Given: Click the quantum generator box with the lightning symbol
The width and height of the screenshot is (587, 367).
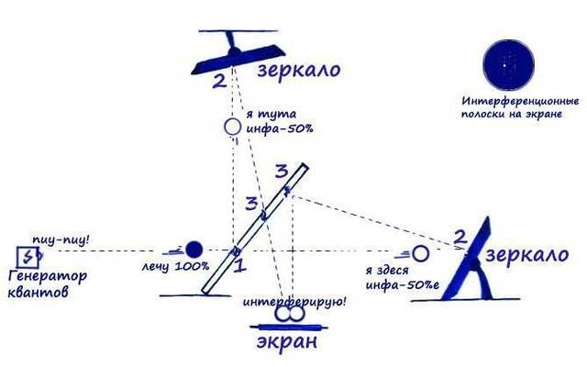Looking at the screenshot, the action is pos(28,257).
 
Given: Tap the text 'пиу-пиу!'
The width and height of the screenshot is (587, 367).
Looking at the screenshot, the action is pos(61,239).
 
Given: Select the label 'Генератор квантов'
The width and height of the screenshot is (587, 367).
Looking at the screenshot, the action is pos(48,284).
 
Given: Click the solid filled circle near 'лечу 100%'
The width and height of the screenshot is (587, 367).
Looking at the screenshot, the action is pos(194,250).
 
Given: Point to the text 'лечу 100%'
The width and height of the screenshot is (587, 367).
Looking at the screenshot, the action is pos(175,267).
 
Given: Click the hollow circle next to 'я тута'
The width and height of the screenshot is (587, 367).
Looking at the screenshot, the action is pos(232,127).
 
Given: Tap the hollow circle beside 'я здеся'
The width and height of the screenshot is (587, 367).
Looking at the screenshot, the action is pos(420,254).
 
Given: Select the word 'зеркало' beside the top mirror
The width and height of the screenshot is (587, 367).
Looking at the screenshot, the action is pos(299,70).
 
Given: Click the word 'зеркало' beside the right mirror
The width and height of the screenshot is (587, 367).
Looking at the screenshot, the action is pos(527,255).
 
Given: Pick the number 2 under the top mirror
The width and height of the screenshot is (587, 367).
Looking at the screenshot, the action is pos(220,81).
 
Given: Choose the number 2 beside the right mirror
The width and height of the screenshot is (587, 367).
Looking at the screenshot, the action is pos(460,238).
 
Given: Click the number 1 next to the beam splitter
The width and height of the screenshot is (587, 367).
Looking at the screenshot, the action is pos(240,265).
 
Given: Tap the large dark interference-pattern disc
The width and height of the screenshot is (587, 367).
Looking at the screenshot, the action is pos(509,65).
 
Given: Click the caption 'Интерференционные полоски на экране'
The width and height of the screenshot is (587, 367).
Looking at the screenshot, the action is pos(520,107).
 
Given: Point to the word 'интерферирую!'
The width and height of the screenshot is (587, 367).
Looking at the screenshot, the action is pos(295,302).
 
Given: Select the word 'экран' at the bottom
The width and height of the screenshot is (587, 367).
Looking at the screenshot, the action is pos(287,341).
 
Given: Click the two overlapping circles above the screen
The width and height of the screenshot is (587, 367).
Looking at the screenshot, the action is pos(289,314).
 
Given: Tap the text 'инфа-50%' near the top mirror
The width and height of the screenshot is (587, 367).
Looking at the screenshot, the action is pos(280,128).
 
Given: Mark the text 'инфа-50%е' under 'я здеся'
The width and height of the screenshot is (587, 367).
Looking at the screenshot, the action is pos(402,284).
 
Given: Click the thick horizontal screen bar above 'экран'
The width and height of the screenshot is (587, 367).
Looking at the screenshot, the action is pos(289,328).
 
